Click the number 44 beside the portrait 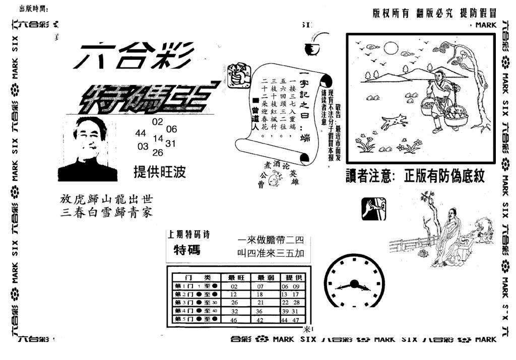141,133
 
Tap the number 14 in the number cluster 158,138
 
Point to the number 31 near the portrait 171,143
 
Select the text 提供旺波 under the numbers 159,172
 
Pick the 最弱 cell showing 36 261,311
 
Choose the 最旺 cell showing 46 234,320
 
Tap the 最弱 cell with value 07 261,285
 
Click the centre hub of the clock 354,284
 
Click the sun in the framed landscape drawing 391,48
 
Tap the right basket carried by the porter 456,117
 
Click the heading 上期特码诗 189,235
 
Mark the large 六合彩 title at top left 133,55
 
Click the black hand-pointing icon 373,209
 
